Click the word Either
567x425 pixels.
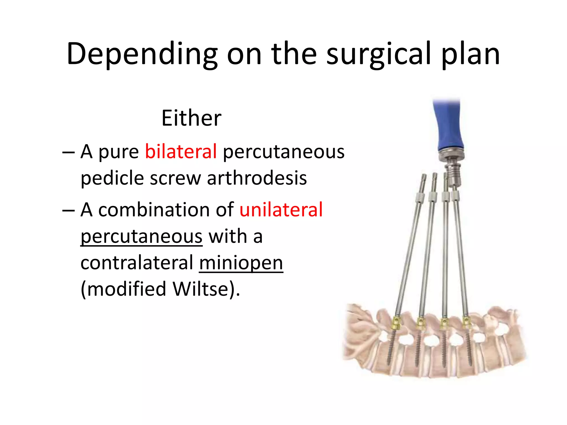coord(191,118)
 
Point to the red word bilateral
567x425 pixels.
coord(181,152)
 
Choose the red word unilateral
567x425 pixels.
coord(281,209)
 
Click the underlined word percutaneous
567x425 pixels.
coord(141,237)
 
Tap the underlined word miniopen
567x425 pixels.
coord(241,263)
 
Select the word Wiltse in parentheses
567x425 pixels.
coord(200,289)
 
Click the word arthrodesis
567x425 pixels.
coord(257,178)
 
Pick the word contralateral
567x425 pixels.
coord(137,263)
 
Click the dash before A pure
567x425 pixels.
coord(68,152)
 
